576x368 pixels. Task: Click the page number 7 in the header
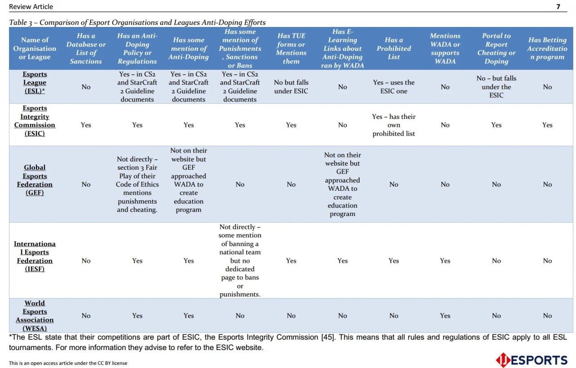[558, 6]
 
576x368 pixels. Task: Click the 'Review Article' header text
[31, 6]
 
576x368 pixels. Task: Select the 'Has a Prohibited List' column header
[394, 49]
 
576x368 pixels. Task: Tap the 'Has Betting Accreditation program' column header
[547, 49]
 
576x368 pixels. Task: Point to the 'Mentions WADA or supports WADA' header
[445, 49]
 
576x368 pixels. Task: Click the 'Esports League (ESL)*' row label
[35, 82]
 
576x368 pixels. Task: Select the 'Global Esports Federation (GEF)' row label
[35, 180]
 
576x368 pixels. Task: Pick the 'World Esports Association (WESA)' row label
[35, 316]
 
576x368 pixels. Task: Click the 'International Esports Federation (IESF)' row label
[35, 256]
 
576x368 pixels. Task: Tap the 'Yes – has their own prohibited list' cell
[394, 125]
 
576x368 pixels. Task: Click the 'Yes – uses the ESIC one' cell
[394, 87]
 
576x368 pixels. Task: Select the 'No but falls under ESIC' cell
[291, 87]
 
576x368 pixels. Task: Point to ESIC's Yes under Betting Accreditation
[547, 125]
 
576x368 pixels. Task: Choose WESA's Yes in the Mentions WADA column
[445, 316]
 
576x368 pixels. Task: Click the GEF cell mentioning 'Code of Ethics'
[137, 184]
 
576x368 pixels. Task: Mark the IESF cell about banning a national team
[240, 261]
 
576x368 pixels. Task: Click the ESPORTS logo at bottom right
[531, 360]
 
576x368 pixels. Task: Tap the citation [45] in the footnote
[328, 337]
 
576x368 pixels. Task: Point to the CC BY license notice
[68, 363]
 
